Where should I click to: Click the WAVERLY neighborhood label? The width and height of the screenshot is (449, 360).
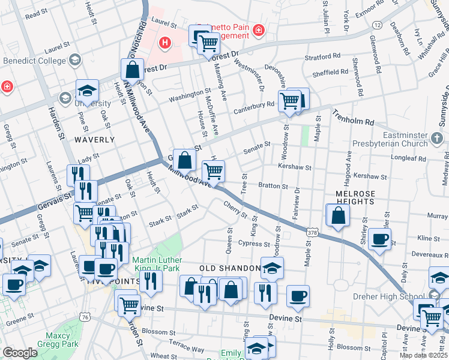[94, 139]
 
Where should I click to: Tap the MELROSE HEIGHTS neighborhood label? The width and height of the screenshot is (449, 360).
[355, 198]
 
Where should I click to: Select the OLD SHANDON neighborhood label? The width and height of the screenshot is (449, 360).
[229, 267]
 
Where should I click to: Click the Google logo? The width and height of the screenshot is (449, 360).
[20, 353]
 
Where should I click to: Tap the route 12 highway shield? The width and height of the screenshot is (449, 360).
[376, 25]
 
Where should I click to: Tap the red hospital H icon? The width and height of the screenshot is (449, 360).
[165, 43]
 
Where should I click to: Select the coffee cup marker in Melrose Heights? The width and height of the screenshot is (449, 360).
[379, 239]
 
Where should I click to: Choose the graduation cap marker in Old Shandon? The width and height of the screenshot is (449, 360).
[272, 268]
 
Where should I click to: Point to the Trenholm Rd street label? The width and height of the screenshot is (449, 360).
[352, 117]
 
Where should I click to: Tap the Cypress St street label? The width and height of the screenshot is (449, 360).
[253, 244]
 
